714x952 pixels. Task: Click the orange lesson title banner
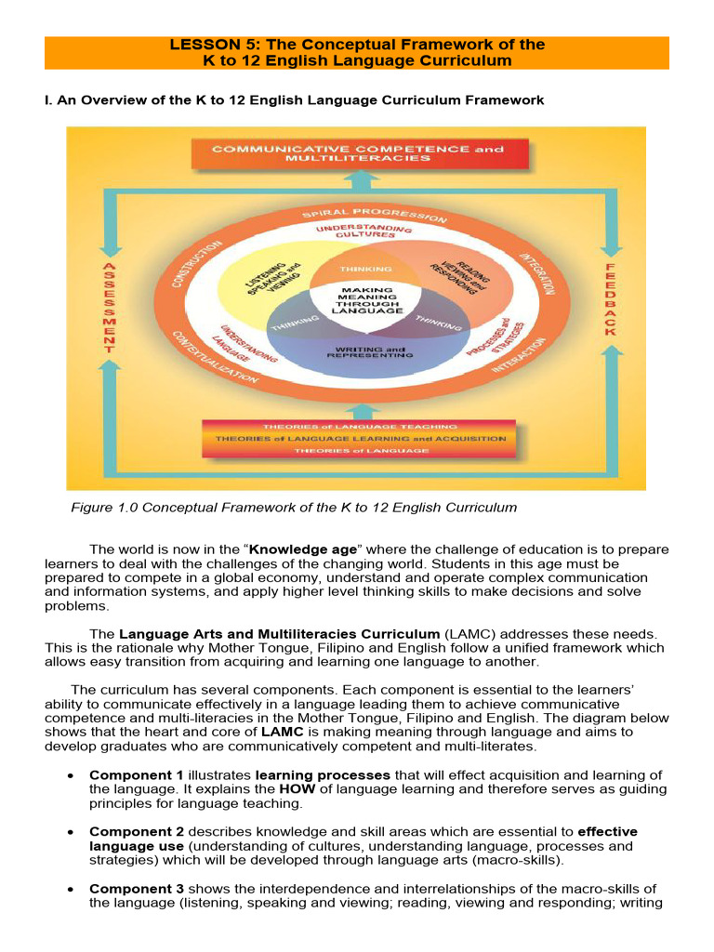tap(357, 52)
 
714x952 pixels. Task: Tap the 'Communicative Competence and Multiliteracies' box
tap(358, 153)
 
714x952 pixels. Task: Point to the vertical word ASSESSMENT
tap(109, 307)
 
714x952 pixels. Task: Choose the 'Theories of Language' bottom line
tap(360, 451)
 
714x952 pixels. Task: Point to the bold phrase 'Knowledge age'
tap(303, 549)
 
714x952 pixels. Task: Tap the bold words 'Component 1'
tap(136, 775)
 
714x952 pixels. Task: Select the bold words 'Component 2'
tap(136, 831)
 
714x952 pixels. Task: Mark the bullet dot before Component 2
tap(72, 832)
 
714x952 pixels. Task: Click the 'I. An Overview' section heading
tap(295, 99)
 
